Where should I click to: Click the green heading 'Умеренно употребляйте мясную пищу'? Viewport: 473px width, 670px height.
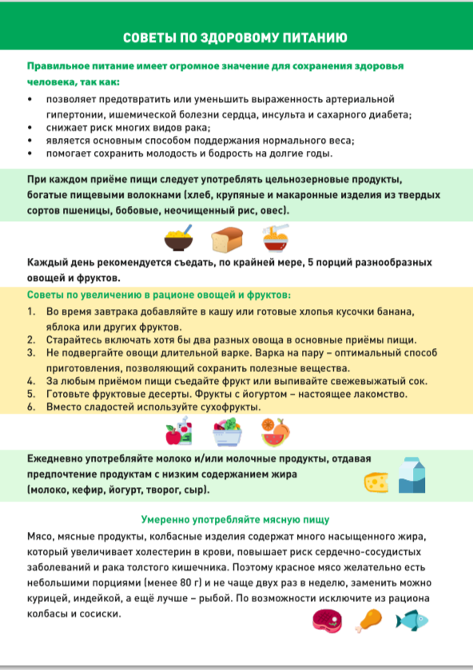pyautogui.click(x=236, y=519)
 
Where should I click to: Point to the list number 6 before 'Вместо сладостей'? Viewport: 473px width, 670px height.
pyautogui.click(x=30, y=406)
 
